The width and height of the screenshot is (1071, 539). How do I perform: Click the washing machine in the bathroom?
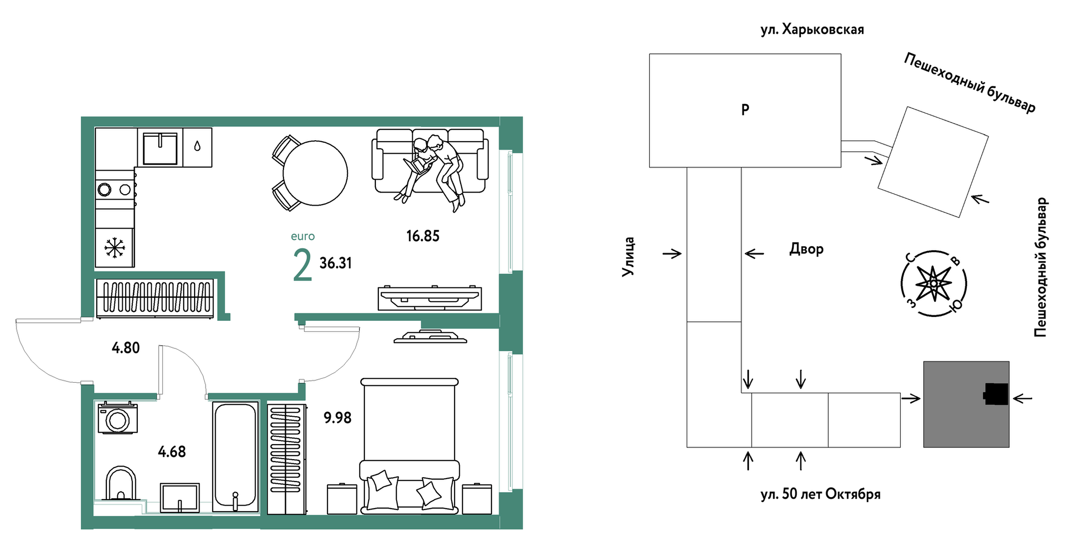pos(118,418)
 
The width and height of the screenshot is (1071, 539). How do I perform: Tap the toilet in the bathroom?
pos(121,483)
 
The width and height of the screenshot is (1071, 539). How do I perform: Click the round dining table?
pos(315,173)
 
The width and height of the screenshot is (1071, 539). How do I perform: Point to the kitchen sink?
pos(160,148)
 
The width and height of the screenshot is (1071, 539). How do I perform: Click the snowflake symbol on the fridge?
pos(114,248)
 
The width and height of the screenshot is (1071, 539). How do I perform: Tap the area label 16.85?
pos(423,236)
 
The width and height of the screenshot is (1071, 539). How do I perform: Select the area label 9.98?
pos(337,418)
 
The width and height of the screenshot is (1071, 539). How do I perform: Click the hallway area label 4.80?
pos(126,348)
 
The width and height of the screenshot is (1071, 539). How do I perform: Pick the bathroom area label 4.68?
pos(172,452)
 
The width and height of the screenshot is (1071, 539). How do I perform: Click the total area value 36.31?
pos(336,263)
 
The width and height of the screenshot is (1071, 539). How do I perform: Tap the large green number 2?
pos(302,266)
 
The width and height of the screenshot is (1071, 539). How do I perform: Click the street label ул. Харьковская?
pos(812,30)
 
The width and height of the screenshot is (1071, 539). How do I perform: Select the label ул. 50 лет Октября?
pos(820,494)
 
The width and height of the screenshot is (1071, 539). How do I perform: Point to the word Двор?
pos(806,249)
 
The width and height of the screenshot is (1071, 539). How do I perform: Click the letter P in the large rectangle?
pos(745,110)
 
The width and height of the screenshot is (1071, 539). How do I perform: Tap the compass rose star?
pos(933,283)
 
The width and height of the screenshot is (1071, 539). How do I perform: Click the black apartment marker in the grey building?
pos(996,394)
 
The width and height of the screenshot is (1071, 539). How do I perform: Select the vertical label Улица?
pos(628,257)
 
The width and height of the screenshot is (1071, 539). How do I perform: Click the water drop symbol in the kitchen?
pos(198,146)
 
